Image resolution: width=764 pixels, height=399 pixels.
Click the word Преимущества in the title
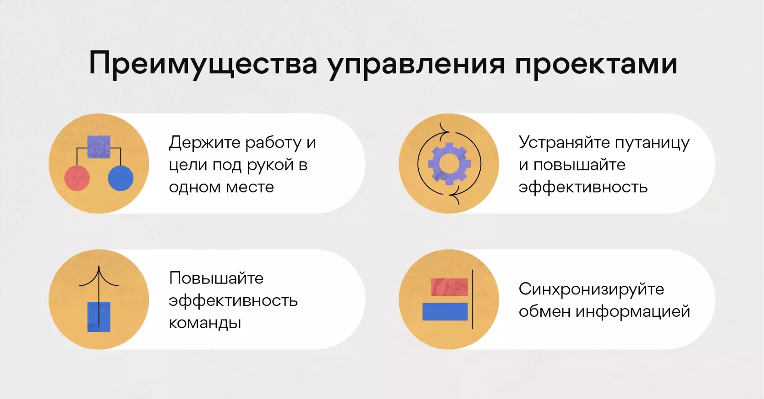[203, 64]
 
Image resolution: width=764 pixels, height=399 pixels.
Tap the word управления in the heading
[417, 64]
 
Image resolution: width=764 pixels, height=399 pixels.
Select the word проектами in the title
[596, 64]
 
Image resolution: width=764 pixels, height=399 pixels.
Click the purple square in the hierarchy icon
[99, 147]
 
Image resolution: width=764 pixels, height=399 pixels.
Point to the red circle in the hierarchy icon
[77, 178]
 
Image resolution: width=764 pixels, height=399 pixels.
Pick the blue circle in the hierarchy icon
[121, 178]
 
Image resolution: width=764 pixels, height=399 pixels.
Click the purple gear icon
[449, 164]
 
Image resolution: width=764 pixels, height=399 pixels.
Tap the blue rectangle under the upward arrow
[99, 317]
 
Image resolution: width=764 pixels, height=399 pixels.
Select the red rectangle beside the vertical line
[449, 287]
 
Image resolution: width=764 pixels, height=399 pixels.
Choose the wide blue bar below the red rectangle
[445, 311]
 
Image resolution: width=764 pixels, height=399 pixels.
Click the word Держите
[205, 143]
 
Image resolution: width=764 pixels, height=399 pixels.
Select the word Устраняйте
[563, 143]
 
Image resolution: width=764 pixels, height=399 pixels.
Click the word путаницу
[651, 144]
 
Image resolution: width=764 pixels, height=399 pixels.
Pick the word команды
[205, 323]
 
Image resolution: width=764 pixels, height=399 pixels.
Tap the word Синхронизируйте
[591, 289]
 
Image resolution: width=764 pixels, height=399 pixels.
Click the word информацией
[633, 312]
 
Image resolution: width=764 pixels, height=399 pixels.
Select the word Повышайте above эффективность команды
[216, 278]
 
